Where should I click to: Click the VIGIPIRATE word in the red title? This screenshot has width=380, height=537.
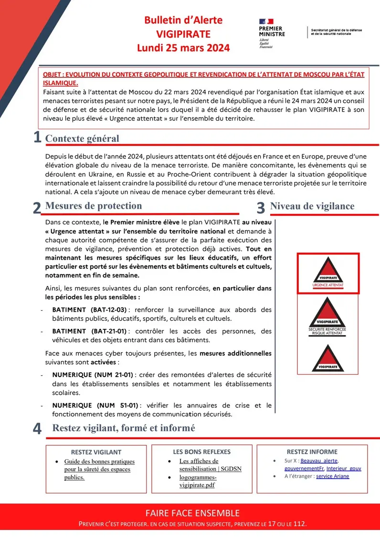183,34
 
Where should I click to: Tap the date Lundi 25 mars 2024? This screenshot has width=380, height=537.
183,48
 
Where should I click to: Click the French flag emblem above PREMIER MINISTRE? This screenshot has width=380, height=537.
266,21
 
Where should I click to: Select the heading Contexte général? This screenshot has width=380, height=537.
82,138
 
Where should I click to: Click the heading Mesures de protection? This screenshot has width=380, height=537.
93,206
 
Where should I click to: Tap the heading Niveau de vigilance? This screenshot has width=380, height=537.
312,206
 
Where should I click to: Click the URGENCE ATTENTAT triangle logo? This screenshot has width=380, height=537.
327,273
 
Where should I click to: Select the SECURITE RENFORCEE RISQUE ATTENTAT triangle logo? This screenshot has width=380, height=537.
327,315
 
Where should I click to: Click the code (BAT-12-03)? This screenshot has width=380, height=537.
107,310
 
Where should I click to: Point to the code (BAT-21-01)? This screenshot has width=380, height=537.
107,331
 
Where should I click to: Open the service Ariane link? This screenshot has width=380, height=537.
332,476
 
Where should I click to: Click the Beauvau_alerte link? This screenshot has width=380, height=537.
319,461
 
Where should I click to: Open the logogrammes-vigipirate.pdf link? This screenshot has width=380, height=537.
197,481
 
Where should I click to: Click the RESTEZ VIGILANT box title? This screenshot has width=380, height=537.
96,452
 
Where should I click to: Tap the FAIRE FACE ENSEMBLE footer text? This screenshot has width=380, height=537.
192,513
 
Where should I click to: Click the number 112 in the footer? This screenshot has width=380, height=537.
299,524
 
